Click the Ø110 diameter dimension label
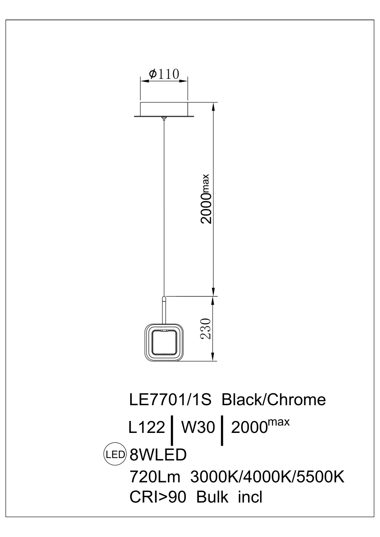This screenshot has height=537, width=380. click(164, 74)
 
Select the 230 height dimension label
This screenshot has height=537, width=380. click(207, 329)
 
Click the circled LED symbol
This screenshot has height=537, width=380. click(115, 455)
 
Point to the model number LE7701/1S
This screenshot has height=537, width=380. click(171, 400)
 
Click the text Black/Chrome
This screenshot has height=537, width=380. click(274, 400)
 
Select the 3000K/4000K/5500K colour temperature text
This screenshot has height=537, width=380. click(268, 477)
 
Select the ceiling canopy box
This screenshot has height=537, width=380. click(164, 109)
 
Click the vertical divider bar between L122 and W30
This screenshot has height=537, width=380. click(172, 430)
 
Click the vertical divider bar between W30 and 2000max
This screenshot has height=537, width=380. click(223, 430)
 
